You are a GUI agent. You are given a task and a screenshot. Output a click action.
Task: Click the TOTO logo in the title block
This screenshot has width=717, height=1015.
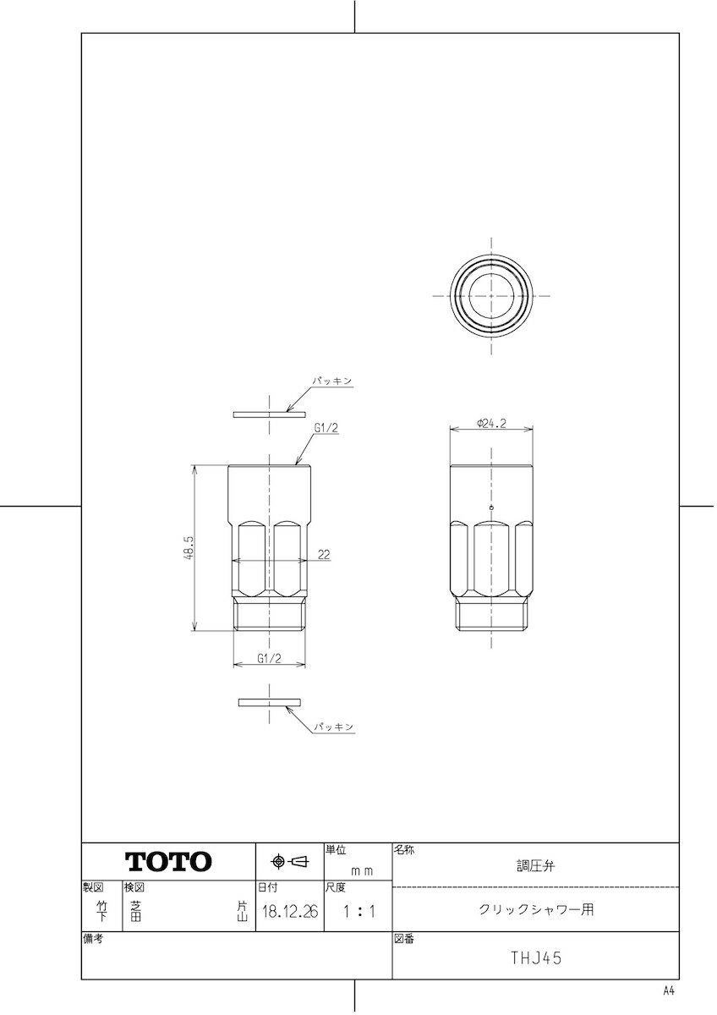click(169, 862)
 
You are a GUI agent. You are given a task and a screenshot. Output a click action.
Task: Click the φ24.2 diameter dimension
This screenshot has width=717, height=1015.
click(491, 424)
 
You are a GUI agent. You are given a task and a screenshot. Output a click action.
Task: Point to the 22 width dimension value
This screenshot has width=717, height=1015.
click(324, 555)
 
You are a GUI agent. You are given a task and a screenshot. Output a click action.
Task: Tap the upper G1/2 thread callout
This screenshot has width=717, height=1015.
click(326, 429)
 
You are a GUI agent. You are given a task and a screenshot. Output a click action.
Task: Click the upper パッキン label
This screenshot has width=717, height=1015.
click(333, 382)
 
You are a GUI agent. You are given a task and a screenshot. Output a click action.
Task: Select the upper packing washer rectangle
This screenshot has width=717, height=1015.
click(269, 414)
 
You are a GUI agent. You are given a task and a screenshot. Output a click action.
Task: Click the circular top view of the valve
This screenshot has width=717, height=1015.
click(491, 295)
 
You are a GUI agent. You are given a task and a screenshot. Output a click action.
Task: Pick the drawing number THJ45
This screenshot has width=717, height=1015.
click(536, 958)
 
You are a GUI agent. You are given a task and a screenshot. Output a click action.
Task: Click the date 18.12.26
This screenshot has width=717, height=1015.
click(289, 913)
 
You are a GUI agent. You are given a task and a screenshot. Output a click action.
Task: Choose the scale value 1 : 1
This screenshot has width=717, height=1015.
click(358, 913)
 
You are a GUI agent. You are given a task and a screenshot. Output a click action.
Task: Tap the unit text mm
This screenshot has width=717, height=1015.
click(362, 870)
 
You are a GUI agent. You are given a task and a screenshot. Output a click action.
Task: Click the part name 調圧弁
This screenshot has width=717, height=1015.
click(536, 866)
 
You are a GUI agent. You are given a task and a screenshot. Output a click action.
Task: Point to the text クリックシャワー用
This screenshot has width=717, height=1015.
click(536, 910)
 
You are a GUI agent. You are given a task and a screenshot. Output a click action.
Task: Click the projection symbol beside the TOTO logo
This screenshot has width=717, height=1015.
click(289, 862)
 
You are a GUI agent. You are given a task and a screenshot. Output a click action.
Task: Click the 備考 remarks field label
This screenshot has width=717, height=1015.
click(93, 939)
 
